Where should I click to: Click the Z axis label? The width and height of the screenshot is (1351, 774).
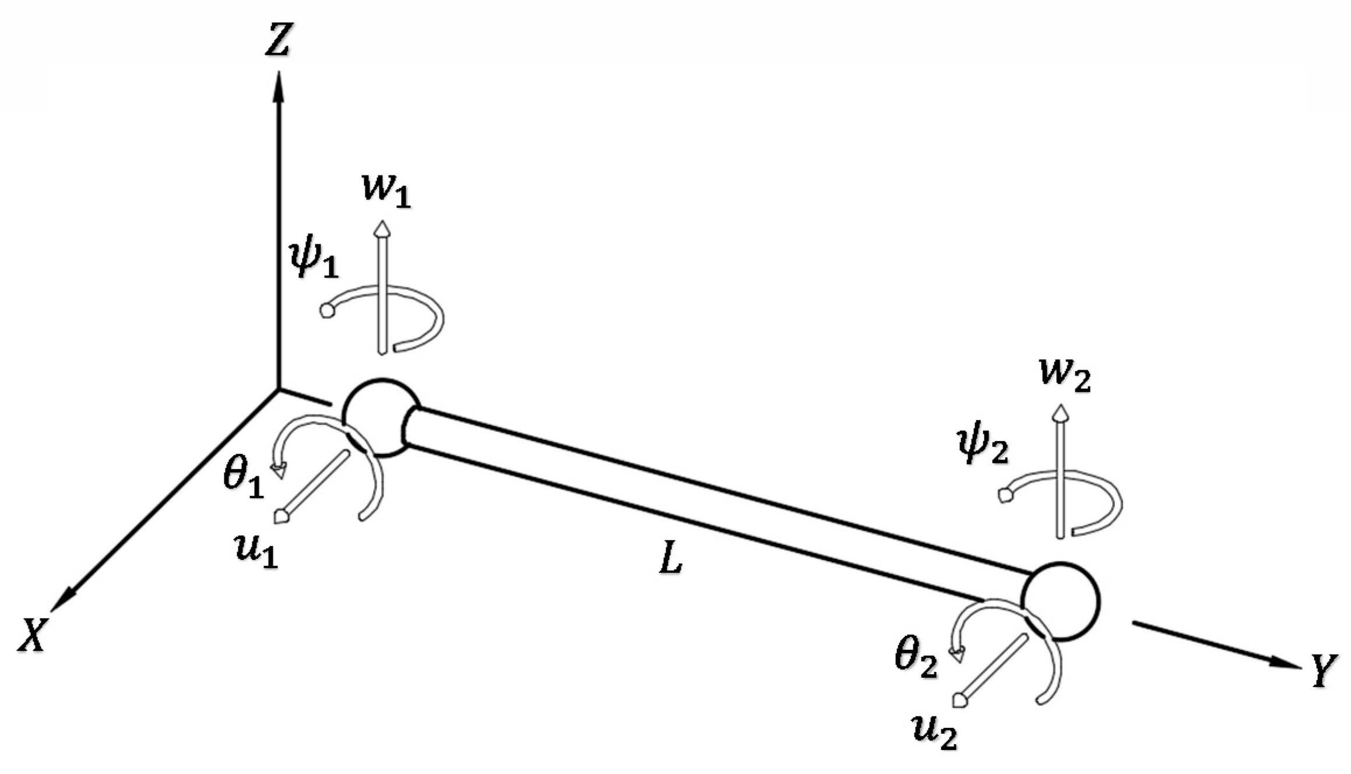277,41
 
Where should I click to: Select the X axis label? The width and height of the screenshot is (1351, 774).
32,634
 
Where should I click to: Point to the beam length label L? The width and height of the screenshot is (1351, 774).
670,561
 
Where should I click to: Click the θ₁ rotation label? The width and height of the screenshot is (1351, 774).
244,481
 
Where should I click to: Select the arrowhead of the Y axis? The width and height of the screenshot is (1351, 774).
1285,663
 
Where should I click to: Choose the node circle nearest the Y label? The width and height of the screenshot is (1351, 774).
1060,601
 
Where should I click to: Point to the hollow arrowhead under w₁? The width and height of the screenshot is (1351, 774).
382,228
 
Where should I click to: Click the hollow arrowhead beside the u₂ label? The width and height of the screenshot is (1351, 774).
959,699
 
